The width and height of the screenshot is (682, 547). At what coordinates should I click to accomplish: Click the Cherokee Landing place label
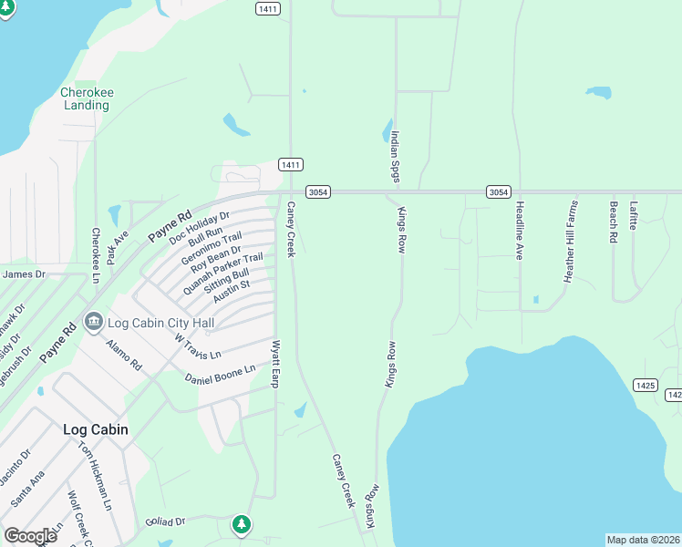point(86,98)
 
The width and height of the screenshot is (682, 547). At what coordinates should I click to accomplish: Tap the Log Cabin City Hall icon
point(92,322)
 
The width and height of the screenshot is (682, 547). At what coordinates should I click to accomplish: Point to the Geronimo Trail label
point(212,247)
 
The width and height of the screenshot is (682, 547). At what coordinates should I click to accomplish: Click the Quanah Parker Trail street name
point(222,273)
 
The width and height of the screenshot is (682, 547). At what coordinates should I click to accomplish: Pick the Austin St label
point(231,293)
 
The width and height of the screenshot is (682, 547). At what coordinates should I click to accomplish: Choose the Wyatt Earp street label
point(275,364)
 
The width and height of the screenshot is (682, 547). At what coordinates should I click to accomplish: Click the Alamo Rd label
point(124,355)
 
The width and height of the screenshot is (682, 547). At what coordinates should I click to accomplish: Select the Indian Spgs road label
point(396,156)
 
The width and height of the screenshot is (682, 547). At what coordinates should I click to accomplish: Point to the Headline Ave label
point(519,231)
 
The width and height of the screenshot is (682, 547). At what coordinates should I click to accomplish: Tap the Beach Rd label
point(613,222)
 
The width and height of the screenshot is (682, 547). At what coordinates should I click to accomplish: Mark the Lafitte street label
point(634,216)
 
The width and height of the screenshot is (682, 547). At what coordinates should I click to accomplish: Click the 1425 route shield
point(646,386)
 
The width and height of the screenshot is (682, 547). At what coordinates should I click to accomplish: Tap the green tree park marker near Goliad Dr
point(241,524)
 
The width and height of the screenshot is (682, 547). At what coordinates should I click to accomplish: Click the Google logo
point(30,535)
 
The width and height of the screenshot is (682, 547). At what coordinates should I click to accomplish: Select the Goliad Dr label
point(165,522)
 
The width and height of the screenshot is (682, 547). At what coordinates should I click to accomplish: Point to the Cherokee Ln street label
point(95,254)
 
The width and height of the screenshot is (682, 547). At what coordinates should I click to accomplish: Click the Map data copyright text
point(643,540)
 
